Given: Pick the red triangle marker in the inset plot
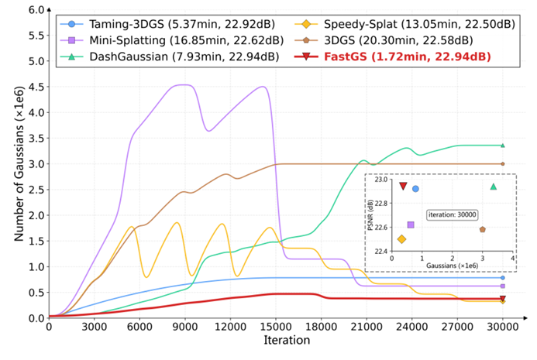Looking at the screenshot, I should [x=403, y=186].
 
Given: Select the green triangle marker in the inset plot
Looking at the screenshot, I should [x=494, y=186].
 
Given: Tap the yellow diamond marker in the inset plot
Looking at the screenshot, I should [x=401, y=239].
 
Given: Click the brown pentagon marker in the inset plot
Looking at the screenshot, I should [x=483, y=229].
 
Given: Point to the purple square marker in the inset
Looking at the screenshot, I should [x=411, y=225].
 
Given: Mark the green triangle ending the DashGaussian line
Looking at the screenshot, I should [x=502, y=145].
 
